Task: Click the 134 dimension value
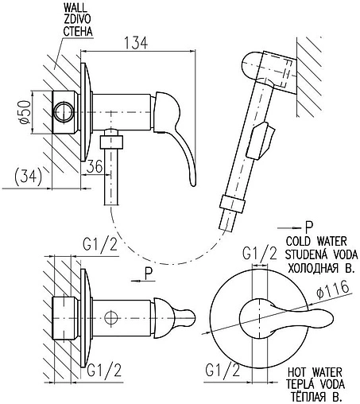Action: tap(136, 43)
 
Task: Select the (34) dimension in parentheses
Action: tap(28, 177)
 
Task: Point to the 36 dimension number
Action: tap(95, 166)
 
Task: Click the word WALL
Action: tap(75, 7)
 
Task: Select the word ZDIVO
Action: tap(77, 19)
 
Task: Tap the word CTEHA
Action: tap(78, 31)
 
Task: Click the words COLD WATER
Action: tap(316, 241)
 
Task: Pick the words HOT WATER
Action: tap(315, 372)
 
